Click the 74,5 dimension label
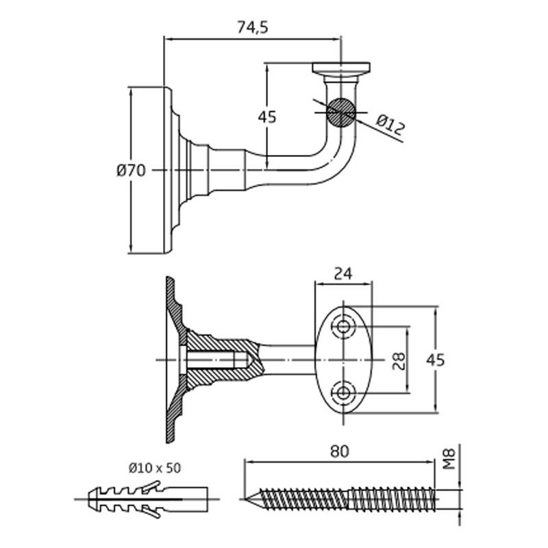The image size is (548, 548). [251, 27]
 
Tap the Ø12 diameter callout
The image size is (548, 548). [391, 124]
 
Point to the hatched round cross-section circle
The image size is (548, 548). [340, 112]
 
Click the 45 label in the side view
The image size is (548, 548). [267, 117]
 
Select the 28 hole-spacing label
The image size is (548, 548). [399, 360]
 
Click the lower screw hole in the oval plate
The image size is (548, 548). [342, 393]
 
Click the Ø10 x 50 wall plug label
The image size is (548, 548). [154, 468]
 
